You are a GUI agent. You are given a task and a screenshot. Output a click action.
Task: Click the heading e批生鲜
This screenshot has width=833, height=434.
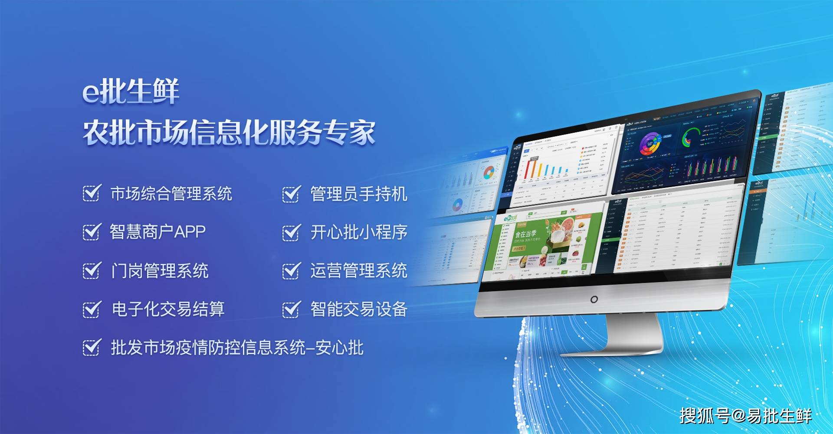131,92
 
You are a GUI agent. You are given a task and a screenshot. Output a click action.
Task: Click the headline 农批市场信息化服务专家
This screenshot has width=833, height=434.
229,132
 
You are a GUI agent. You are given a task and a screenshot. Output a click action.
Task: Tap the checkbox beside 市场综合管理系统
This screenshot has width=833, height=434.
92,194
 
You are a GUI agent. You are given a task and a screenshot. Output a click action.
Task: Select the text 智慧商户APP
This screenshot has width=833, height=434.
157,232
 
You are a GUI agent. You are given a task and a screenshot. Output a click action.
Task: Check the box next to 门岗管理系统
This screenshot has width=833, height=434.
92,270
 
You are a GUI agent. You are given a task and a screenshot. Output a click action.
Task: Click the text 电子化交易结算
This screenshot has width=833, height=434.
168,309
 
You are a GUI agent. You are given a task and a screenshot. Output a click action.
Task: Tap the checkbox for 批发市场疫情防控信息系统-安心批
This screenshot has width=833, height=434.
92,347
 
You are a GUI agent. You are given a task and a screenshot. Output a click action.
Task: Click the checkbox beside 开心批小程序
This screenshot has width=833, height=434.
291,232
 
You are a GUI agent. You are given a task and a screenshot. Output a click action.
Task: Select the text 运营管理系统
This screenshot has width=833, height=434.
358,271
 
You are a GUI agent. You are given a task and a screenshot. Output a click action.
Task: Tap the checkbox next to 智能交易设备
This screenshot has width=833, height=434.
291,309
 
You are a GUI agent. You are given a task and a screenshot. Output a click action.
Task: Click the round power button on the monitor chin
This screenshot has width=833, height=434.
594,299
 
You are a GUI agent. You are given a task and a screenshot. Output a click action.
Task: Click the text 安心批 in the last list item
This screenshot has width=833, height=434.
339,348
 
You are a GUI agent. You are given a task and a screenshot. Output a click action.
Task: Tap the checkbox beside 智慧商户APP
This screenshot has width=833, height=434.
92,232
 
